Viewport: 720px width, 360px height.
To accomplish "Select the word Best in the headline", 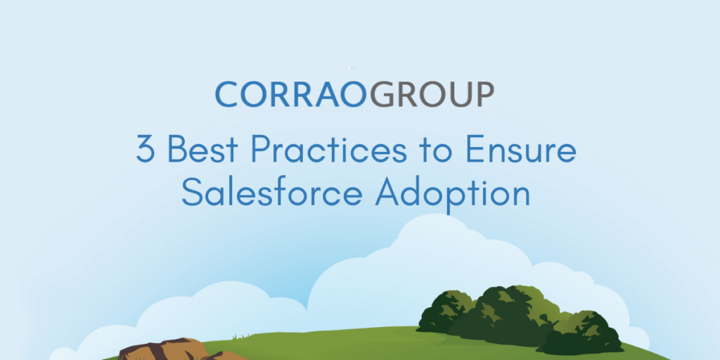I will click(x=203, y=150).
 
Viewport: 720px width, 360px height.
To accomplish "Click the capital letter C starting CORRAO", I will click(x=226, y=94).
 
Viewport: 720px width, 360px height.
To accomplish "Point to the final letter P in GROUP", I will click(x=484, y=94).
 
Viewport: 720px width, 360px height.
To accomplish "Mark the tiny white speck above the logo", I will click(x=350, y=67).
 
